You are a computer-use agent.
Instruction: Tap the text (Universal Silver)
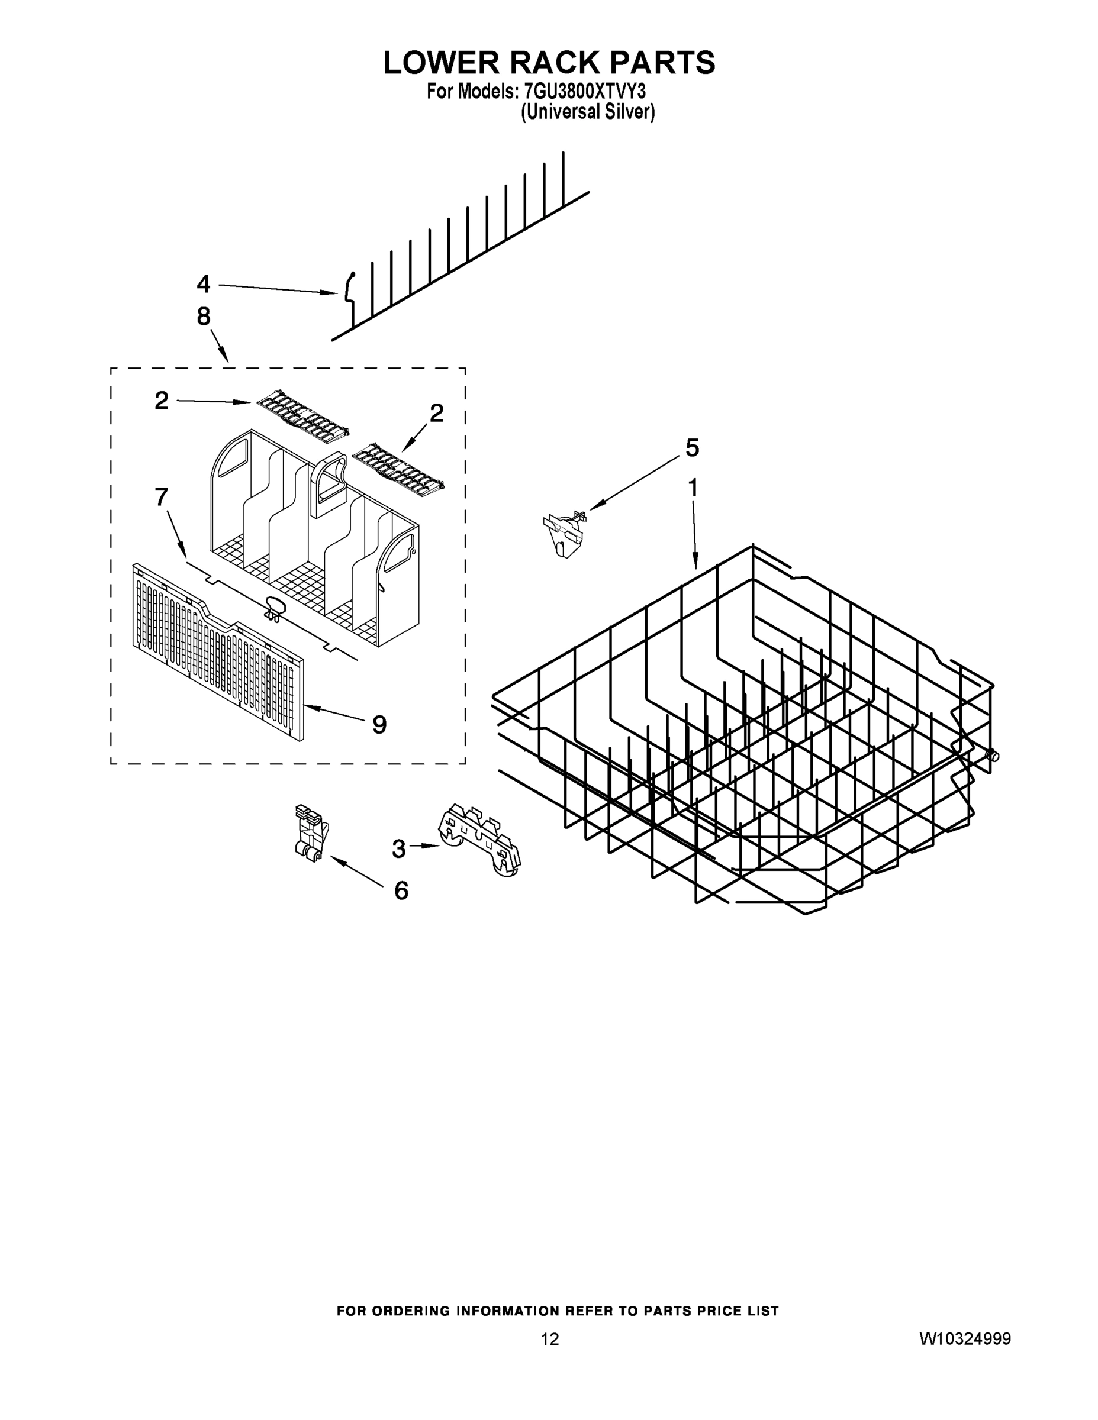pyautogui.click(x=587, y=112)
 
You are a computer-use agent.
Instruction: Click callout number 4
pyautogui.click(x=204, y=284)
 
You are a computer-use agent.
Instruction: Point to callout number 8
pyautogui.click(x=204, y=317)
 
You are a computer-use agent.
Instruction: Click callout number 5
pyautogui.click(x=692, y=447)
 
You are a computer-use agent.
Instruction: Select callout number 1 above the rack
pyautogui.click(x=693, y=487)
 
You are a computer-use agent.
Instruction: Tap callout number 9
pyautogui.click(x=379, y=724)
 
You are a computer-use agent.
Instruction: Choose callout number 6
pyautogui.click(x=401, y=890)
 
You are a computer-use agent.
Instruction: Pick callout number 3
pyautogui.click(x=399, y=848)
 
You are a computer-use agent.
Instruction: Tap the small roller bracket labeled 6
pyautogui.click(x=309, y=834)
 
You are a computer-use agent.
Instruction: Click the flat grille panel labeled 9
pyautogui.click(x=218, y=652)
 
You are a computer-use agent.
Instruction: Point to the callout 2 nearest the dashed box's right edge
pyautogui.click(x=436, y=413)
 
